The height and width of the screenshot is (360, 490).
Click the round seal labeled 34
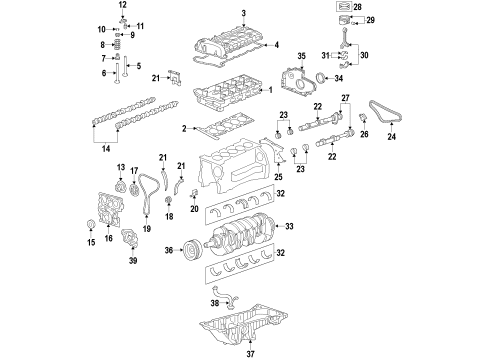324,80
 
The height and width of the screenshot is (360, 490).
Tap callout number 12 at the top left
122,7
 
